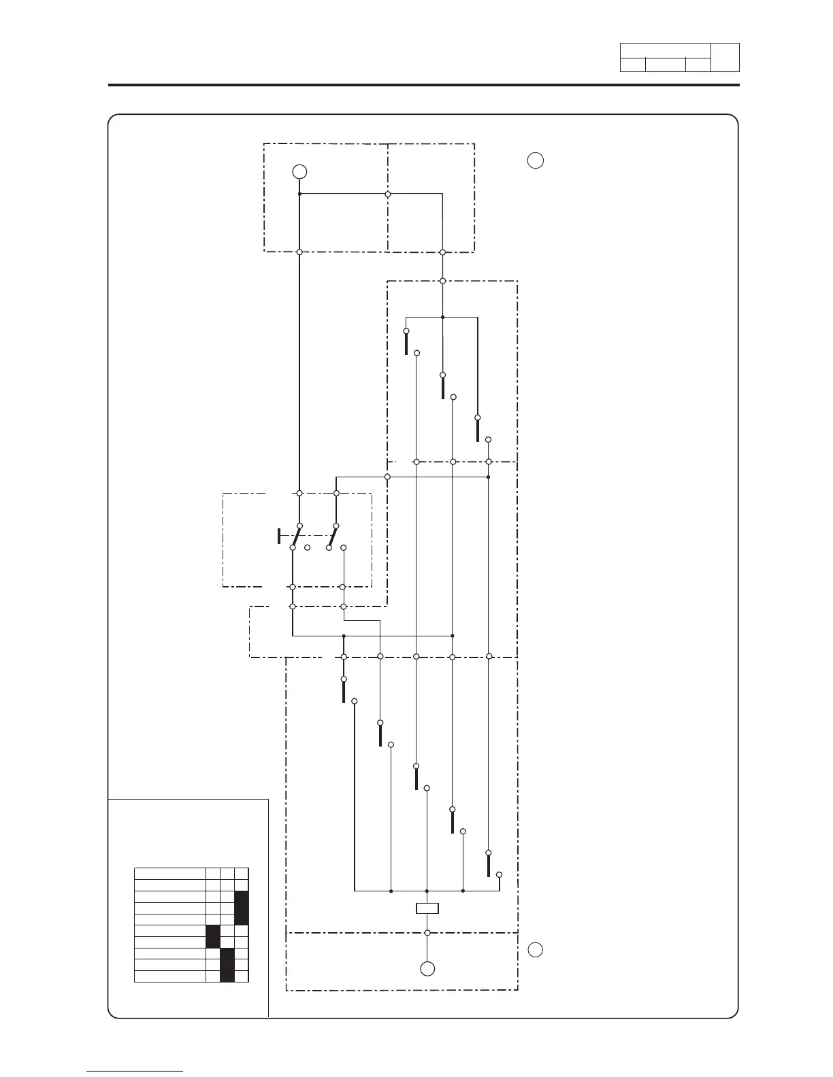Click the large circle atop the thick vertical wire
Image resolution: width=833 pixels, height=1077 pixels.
(x=299, y=171)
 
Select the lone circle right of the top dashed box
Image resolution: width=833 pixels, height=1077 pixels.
(x=536, y=161)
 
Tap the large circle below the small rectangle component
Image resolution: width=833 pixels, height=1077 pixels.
(x=427, y=969)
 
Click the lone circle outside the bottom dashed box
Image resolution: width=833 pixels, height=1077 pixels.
(x=536, y=950)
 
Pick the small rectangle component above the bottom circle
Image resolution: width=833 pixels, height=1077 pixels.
(x=427, y=908)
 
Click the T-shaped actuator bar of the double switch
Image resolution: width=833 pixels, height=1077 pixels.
(x=279, y=536)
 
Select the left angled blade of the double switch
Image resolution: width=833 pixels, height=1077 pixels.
(x=297, y=536)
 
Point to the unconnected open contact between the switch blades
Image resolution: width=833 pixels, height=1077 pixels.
(x=308, y=547)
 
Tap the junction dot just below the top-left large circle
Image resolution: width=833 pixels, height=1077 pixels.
(x=299, y=194)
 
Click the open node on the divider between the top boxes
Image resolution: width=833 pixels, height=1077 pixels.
(x=388, y=194)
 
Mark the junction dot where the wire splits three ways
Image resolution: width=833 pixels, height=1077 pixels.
(x=442, y=317)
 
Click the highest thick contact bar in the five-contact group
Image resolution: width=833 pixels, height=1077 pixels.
(x=344, y=691)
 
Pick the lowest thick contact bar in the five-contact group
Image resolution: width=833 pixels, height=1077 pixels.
(x=489, y=865)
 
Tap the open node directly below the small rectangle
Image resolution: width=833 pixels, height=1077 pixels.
(x=427, y=933)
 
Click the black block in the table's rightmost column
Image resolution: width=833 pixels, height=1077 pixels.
(x=242, y=908)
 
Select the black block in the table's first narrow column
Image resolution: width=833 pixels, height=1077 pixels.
(x=213, y=936)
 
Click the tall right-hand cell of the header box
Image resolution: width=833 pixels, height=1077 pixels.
(x=725, y=58)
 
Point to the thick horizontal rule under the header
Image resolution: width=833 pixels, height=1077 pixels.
(x=424, y=86)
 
